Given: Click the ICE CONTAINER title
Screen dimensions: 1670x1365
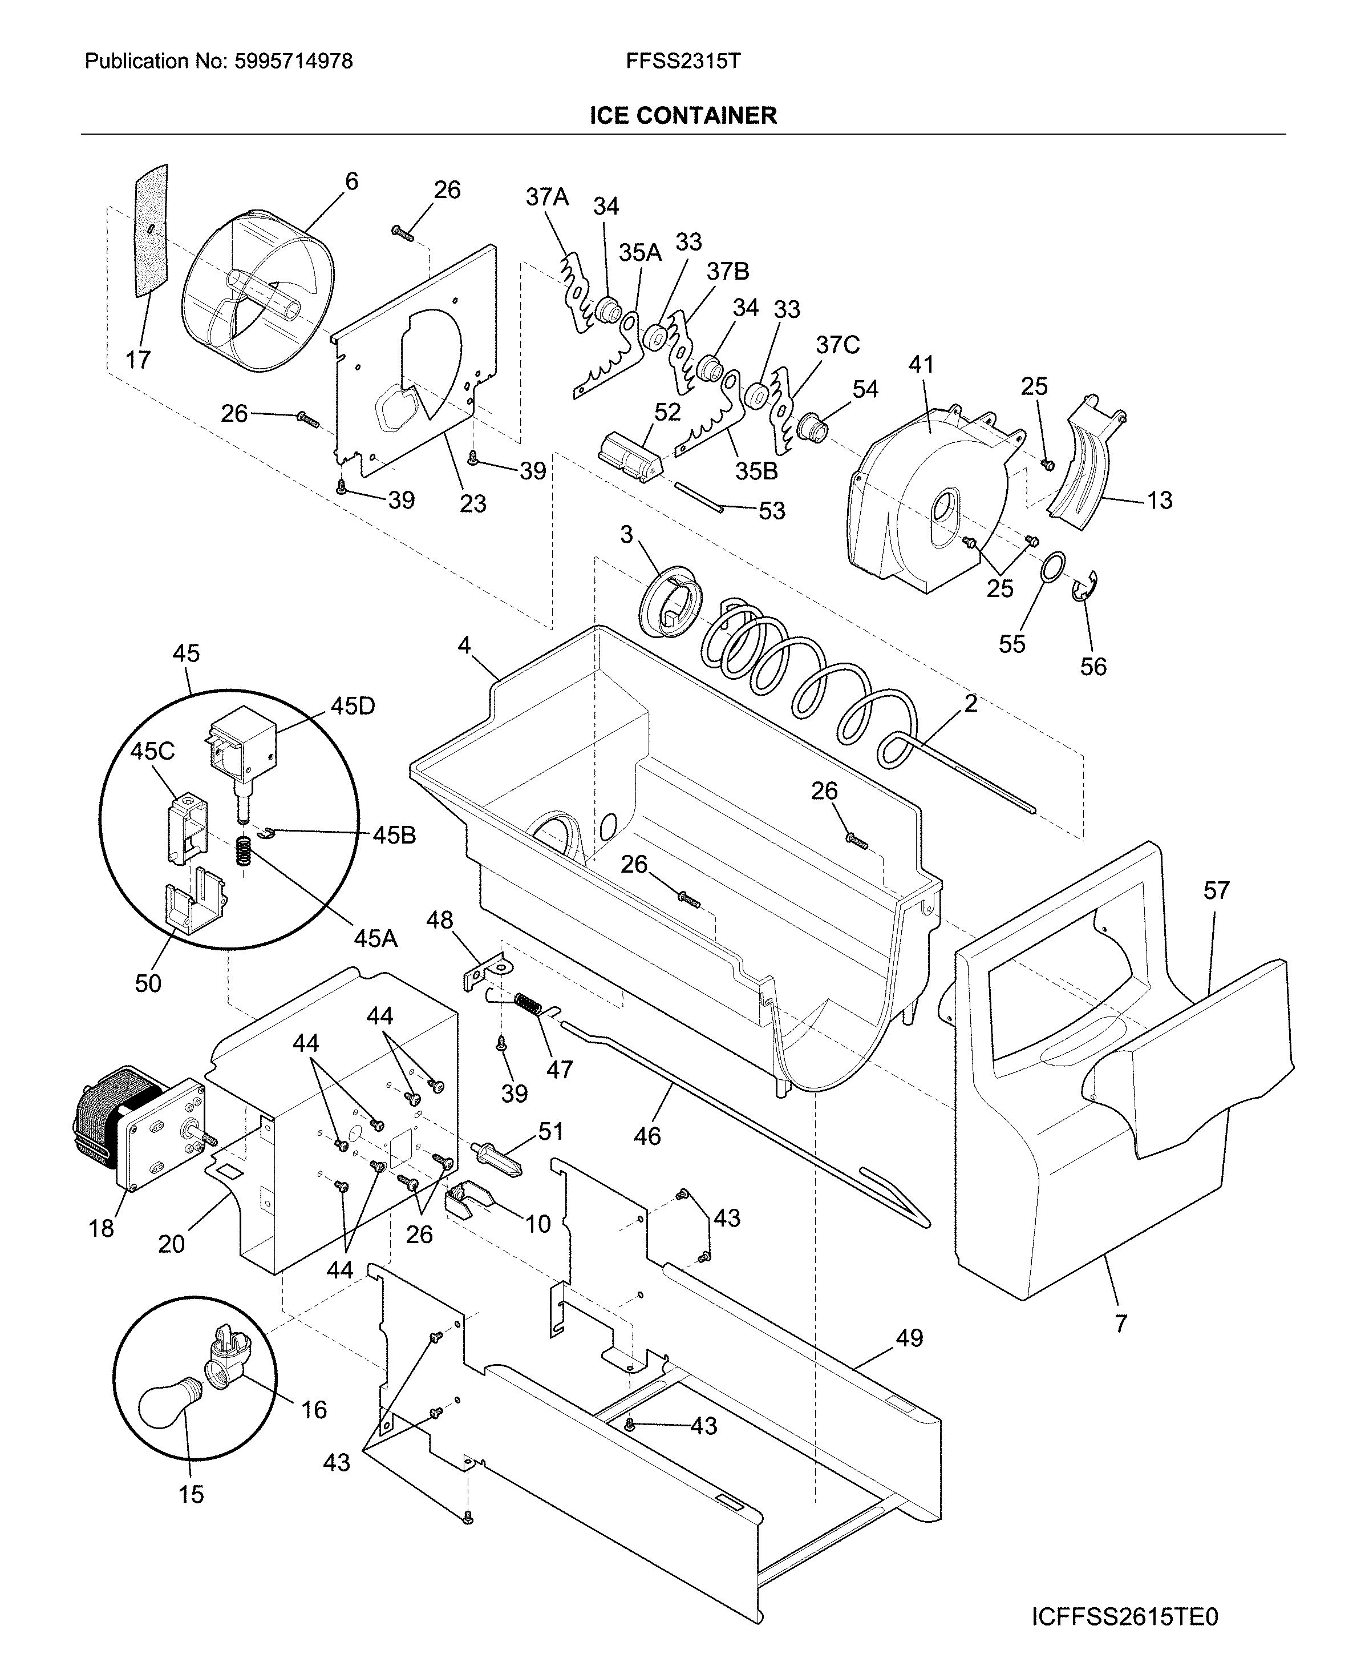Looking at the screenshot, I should pos(682,116).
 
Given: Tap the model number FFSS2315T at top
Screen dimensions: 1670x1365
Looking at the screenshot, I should pos(682,62).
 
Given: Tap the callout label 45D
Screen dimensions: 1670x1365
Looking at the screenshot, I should pos(353,707).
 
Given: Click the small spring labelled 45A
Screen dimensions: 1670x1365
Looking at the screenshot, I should pos(245,851).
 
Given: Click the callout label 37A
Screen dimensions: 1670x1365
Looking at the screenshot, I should pos(547,197).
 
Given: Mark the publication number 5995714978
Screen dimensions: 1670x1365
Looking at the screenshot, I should pos(294,62).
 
